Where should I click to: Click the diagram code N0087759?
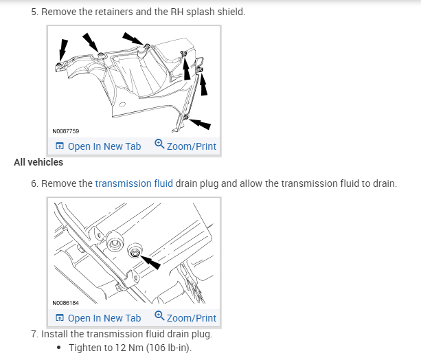(65, 131)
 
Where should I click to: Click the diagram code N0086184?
(65, 303)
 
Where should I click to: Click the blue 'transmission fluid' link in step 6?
(134, 183)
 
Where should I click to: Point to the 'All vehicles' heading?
(38, 162)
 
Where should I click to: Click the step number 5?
(34, 12)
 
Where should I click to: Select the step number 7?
(34, 334)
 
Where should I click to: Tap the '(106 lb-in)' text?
(169, 348)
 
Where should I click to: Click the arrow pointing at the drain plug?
(150, 262)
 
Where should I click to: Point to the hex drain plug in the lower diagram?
(134, 253)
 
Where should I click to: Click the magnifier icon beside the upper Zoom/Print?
(159, 144)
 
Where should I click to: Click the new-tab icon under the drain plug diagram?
(59, 317)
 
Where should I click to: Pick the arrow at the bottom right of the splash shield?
(200, 124)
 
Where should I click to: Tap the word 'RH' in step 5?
(177, 12)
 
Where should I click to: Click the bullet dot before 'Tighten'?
(59, 348)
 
